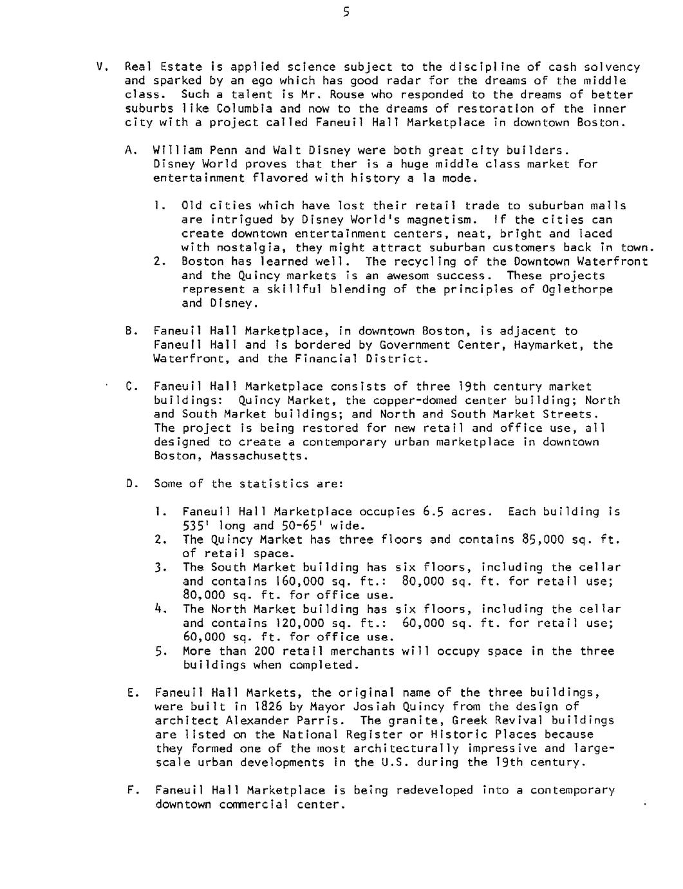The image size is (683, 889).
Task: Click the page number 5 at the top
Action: click(346, 12)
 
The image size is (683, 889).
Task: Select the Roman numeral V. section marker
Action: click(100, 66)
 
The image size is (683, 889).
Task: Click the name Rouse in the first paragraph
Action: click(347, 95)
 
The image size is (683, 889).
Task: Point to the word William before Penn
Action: click(174, 150)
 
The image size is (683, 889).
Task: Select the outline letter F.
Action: click(132, 790)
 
